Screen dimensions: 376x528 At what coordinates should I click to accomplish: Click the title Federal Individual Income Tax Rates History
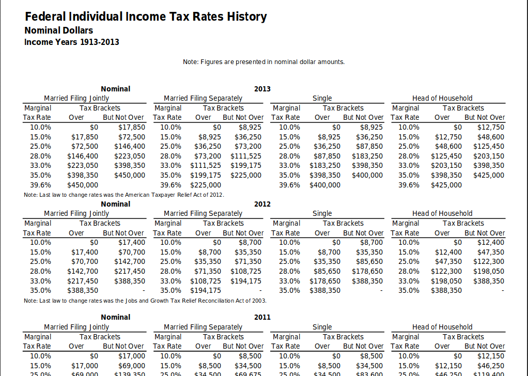pyautogui.click(x=146, y=17)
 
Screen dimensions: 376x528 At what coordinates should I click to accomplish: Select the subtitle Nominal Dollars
pyautogui.click(x=59, y=30)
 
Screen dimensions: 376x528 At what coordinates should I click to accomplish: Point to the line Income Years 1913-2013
pyautogui.click(x=72, y=42)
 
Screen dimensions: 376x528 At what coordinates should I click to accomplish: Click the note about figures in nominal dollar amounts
pyautogui.click(x=263, y=62)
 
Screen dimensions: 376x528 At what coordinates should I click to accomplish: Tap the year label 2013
pyautogui.click(x=262, y=89)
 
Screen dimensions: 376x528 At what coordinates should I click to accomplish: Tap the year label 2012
pyautogui.click(x=262, y=204)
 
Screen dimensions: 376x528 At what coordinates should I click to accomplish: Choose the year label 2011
pyautogui.click(x=262, y=317)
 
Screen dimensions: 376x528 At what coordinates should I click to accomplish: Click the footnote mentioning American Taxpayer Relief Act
pyautogui.click(x=124, y=195)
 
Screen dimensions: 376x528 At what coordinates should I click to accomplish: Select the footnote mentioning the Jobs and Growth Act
pyautogui.click(x=145, y=300)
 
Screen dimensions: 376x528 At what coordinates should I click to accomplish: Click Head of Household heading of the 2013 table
pyautogui.click(x=442, y=98)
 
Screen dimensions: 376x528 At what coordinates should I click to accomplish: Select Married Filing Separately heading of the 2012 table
pyautogui.click(x=203, y=213)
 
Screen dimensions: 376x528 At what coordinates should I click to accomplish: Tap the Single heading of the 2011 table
pyautogui.click(x=322, y=327)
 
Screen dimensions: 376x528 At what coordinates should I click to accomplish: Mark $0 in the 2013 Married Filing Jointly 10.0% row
pyautogui.click(x=94, y=127)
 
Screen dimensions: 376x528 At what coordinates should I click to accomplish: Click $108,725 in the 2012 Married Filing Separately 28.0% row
pyautogui.click(x=246, y=271)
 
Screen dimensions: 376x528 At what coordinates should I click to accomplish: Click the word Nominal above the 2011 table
pyautogui.click(x=116, y=317)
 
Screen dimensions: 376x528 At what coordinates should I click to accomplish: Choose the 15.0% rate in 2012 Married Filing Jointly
pyautogui.click(x=41, y=252)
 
